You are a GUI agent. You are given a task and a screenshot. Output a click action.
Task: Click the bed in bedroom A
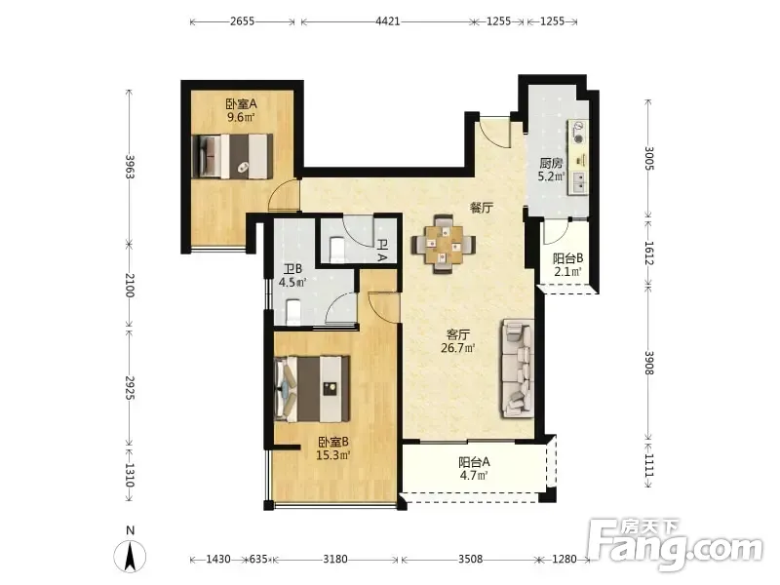click(232, 156)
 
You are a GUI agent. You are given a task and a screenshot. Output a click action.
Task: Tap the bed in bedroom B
click(312, 388)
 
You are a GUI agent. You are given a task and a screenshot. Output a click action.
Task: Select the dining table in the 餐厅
click(443, 244)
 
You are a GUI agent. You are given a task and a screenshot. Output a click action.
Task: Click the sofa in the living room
click(518, 369)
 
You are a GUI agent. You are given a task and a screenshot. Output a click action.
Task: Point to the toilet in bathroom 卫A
click(337, 249)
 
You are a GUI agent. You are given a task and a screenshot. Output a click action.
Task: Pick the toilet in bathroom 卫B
click(294, 311)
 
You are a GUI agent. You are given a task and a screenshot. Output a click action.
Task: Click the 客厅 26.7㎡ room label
click(457, 341)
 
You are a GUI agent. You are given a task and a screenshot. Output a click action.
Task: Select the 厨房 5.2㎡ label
click(551, 170)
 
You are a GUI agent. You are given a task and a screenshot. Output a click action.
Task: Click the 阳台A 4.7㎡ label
click(474, 469)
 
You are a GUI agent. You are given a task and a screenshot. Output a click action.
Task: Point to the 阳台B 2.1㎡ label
click(567, 265)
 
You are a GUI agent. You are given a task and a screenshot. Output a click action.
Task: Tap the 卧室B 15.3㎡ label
click(333, 448)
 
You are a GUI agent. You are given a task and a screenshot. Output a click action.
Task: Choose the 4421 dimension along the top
click(387, 21)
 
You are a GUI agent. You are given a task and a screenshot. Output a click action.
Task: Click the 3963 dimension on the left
click(130, 167)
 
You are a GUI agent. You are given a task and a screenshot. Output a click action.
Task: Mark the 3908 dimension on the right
click(649, 363)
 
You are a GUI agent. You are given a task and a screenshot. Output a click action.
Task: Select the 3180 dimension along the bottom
click(335, 559)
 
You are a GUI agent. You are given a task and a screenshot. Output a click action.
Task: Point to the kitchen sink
click(578, 181)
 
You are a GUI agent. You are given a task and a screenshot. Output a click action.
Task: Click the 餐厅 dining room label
click(482, 208)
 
